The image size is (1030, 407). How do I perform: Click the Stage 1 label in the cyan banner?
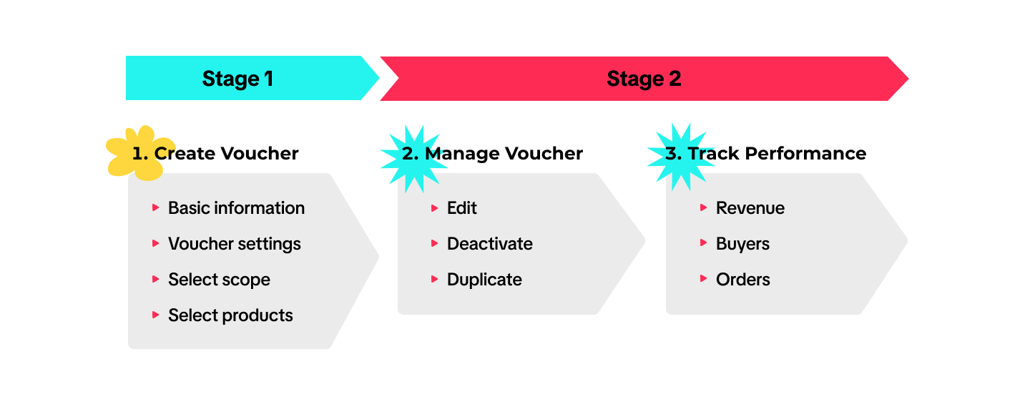(237, 79)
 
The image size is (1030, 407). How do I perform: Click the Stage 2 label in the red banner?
(644, 79)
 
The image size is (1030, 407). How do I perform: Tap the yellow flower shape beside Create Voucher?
(138, 153)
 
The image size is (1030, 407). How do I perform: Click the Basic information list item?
(236, 208)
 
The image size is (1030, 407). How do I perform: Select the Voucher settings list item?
(235, 244)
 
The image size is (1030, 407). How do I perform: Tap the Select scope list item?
(219, 280)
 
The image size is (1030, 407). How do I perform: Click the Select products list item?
(230, 315)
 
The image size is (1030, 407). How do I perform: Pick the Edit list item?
(462, 208)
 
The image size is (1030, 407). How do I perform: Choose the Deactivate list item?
(490, 244)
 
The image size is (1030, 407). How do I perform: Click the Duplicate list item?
(484, 280)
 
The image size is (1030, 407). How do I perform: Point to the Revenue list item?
(750, 208)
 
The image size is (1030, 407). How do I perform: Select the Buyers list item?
(742, 244)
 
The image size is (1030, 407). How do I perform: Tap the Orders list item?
(743, 280)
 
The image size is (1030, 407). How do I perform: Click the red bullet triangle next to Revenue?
(704, 207)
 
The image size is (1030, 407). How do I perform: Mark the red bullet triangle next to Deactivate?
(435, 243)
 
